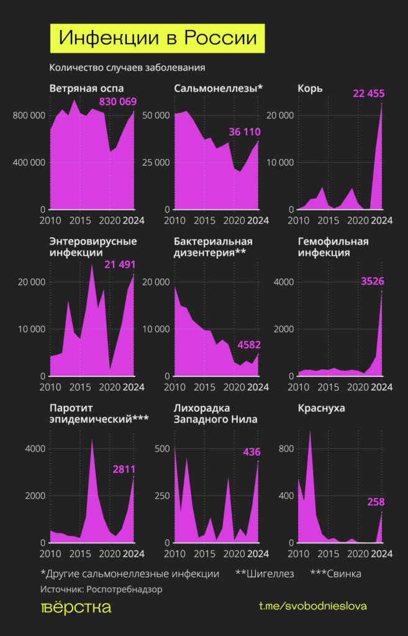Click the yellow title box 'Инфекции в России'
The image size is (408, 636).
158,38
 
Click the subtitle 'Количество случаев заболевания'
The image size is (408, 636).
127,68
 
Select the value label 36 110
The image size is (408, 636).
245,132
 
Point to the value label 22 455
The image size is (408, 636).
369,94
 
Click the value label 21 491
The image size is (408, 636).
120,265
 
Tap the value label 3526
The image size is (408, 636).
373,281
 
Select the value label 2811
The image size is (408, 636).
124,470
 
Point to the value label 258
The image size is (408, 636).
376,501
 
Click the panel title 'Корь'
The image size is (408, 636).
311,88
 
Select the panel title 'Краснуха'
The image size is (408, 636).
322,409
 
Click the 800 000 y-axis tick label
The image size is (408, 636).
29,116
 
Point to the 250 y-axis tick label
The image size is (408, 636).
161,496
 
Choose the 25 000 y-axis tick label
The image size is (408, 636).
156,163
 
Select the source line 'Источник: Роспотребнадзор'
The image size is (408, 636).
101,589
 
